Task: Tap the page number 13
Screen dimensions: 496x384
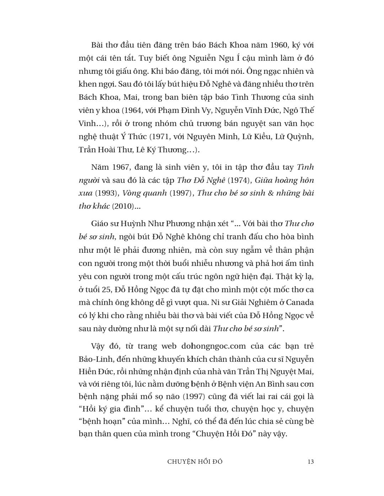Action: point(310,462)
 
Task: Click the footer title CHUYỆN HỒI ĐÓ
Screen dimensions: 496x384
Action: point(195,462)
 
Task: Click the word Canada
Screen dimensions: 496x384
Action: point(300,302)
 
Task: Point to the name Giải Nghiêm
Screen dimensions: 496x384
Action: point(251,302)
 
